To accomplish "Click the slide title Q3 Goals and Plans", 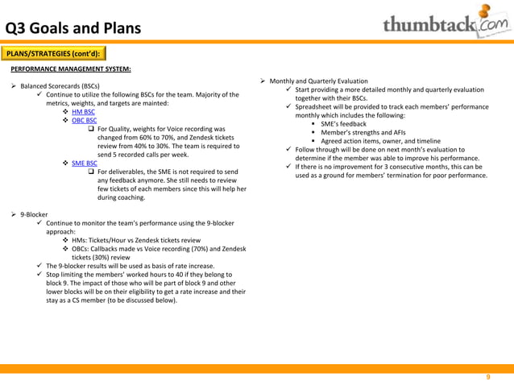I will [x=73, y=29].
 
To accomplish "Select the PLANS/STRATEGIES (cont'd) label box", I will [x=53, y=54].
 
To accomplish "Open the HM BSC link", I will [x=83, y=112].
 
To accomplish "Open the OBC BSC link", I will [x=84, y=121].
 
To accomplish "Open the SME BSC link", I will [x=84, y=163].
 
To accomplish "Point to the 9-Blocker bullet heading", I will [x=34, y=215].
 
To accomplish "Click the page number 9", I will [x=487, y=377].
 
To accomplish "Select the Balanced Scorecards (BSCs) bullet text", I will [x=60, y=86].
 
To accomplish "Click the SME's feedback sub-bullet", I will [x=343, y=124].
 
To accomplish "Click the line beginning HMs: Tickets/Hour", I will [x=136, y=241].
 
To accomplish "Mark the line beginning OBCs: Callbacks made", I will [x=159, y=250].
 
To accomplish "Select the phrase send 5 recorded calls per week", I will [x=143, y=155].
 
